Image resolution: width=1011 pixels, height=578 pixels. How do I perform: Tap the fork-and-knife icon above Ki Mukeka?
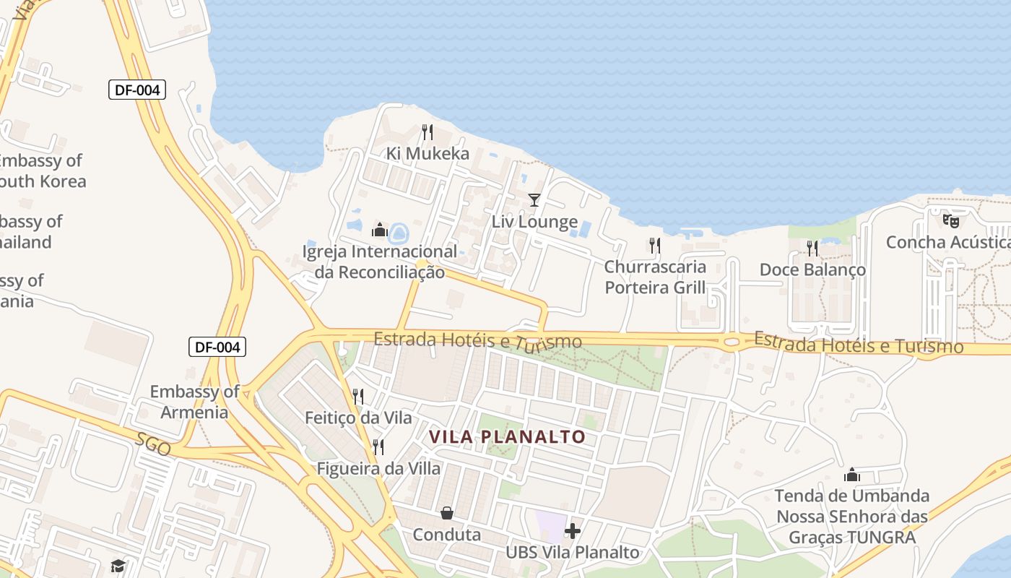click(x=428, y=131)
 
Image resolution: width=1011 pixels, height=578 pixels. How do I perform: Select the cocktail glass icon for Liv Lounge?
click(x=534, y=200)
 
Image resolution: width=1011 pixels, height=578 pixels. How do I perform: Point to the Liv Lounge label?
click(x=534, y=222)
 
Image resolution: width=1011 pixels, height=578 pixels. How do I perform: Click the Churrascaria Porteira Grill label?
click(x=655, y=277)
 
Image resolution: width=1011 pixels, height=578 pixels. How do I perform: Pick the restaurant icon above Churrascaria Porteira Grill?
click(x=654, y=246)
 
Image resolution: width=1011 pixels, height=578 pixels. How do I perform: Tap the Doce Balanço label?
click(x=812, y=269)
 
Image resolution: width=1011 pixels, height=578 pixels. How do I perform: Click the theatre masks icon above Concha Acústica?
click(x=951, y=220)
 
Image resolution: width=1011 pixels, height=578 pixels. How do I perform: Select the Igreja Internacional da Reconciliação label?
click(x=380, y=262)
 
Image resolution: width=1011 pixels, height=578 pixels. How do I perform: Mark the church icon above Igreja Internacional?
click(x=380, y=230)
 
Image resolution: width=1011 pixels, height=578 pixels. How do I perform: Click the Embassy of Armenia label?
click(x=194, y=402)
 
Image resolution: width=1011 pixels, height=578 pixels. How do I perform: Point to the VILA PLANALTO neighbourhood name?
click(x=507, y=437)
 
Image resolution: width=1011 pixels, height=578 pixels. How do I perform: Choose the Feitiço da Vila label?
click(x=358, y=418)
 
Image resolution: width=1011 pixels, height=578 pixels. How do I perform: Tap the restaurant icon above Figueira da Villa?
click(x=378, y=447)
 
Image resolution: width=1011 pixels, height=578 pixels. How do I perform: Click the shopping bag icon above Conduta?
click(x=447, y=513)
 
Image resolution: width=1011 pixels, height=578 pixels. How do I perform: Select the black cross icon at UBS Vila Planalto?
click(x=573, y=531)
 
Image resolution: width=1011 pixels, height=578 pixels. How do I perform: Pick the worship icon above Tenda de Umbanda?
click(x=852, y=475)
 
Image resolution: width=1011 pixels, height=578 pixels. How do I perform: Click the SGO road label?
click(x=154, y=445)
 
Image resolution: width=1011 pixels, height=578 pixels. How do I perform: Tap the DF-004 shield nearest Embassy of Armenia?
click(x=217, y=347)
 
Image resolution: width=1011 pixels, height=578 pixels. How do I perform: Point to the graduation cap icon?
click(x=118, y=566)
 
